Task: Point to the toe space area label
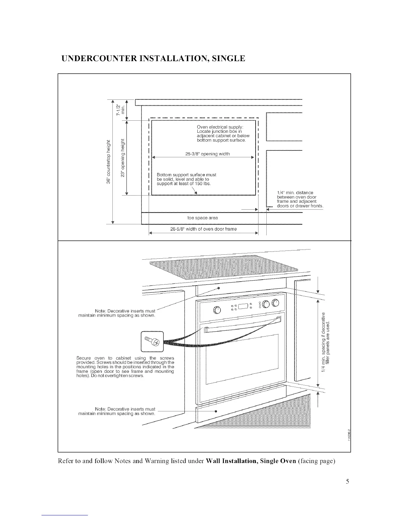click(203, 218)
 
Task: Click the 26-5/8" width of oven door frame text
click(204, 229)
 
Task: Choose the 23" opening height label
click(123, 158)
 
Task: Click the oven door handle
click(242, 326)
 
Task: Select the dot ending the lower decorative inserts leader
click(216, 411)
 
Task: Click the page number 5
click(348, 481)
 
